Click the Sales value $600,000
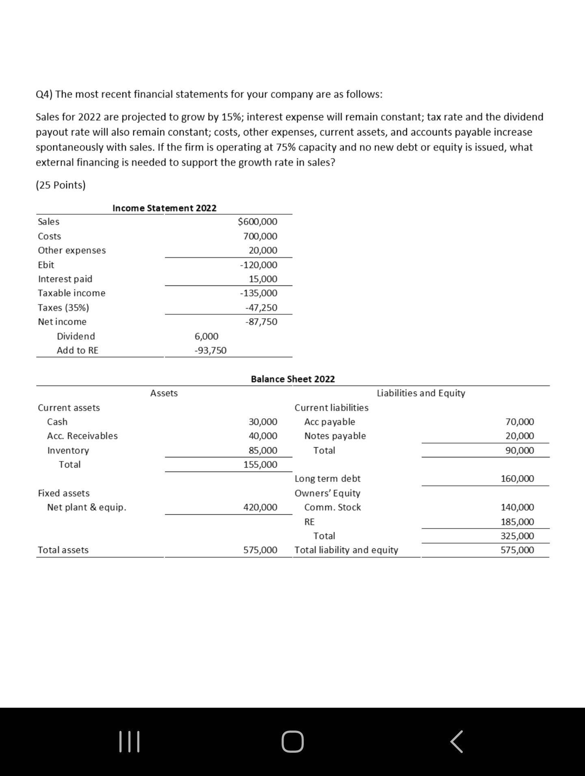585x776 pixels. point(258,222)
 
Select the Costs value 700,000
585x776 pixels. point(260,236)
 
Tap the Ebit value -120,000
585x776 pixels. point(259,265)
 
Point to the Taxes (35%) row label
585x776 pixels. point(63,308)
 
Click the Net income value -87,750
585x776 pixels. point(261,322)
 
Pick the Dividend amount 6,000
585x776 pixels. point(206,336)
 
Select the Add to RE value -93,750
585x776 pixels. point(210,350)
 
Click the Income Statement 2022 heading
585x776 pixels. point(164,208)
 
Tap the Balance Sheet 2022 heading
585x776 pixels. point(292,379)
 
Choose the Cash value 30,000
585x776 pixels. point(263,422)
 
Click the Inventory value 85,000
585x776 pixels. point(263,450)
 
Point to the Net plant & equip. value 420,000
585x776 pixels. point(260,507)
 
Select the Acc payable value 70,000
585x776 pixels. point(520,422)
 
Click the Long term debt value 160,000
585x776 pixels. point(517,479)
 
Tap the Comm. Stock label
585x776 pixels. point(332,507)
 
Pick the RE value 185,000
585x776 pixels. point(517,522)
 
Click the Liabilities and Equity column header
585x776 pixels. point(421,393)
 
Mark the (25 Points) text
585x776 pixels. point(61,185)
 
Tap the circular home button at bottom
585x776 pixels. point(292,742)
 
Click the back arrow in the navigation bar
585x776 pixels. point(456,742)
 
